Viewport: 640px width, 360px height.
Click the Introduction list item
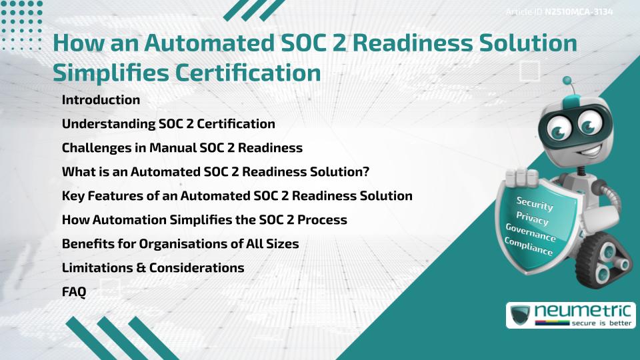(101, 100)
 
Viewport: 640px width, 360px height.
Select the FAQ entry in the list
(73, 292)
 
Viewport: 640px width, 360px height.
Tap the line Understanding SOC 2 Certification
(168, 124)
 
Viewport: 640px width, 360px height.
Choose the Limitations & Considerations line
(153, 268)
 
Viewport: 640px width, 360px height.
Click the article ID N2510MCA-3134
(579, 12)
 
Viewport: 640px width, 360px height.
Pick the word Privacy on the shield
(532, 219)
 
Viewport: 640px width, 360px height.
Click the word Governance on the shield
(531, 233)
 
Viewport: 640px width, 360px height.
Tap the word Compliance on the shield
(529, 247)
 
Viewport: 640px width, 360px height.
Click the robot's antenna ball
(568, 81)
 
